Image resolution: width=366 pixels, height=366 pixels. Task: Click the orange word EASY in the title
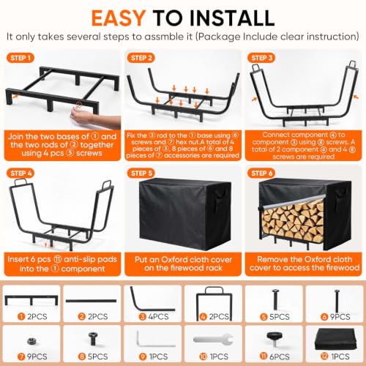point(119,18)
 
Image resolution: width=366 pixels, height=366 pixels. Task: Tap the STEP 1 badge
point(20,58)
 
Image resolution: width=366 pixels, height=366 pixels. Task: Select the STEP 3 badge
point(261,58)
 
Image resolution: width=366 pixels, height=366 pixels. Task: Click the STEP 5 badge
point(141,173)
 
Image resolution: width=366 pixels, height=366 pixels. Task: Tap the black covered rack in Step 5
point(185,214)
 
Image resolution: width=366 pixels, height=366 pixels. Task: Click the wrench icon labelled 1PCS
point(213,340)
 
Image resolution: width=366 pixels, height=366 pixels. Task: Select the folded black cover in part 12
point(335,339)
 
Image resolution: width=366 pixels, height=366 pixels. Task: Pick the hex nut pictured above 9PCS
point(31,340)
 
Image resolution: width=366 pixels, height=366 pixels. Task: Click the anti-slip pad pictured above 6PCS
point(274,338)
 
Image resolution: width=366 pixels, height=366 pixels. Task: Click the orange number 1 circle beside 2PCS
point(21,316)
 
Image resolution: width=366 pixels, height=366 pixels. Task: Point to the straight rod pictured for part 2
point(91,301)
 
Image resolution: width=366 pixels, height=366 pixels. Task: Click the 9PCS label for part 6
point(340,317)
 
